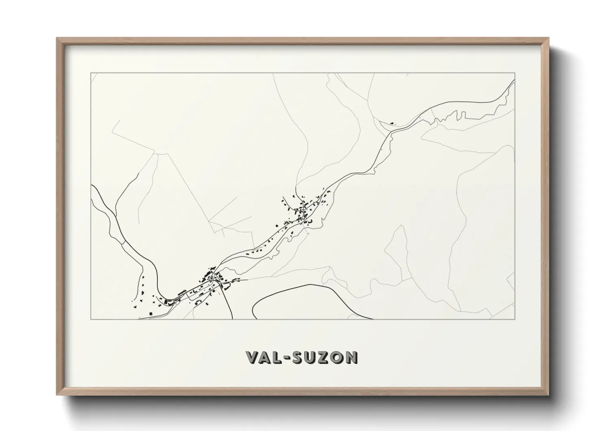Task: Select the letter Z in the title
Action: pyautogui.click(x=323, y=357)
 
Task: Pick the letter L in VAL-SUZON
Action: pyautogui.click(x=277, y=357)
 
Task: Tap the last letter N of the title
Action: pyautogui.click(x=351, y=357)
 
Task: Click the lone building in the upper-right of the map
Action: pyautogui.click(x=392, y=122)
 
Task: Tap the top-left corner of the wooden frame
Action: pyautogui.click(x=57, y=38)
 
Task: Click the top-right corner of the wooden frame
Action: pyautogui.click(x=548, y=38)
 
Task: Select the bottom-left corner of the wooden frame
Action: pyautogui.click(x=57, y=395)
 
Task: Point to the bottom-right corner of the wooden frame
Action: pyautogui.click(x=548, y=395)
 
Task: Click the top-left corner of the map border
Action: pyautogui.click(x=91, y=73)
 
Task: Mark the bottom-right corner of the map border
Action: pyautogui.click(x=515, y=319)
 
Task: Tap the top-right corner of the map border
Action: pyautogui.click(x=515, y=73)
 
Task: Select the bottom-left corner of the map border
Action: pyautogui.click(x=91, y=319)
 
